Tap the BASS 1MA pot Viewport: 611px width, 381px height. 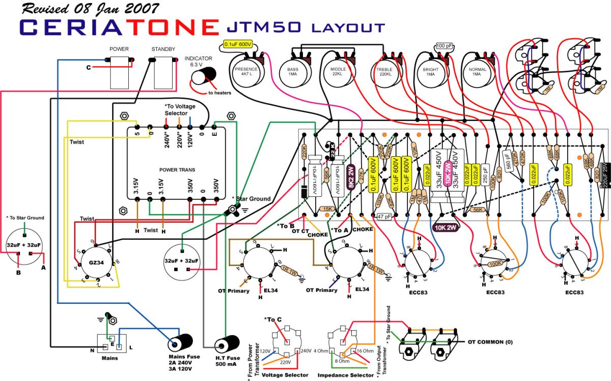[293, 71]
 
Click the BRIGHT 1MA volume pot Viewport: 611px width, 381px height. [430, 71]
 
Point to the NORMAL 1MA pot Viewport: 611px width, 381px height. [476, 71]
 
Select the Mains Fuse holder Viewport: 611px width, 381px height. [180, 344]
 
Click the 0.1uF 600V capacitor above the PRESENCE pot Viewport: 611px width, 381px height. [238, 45]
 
